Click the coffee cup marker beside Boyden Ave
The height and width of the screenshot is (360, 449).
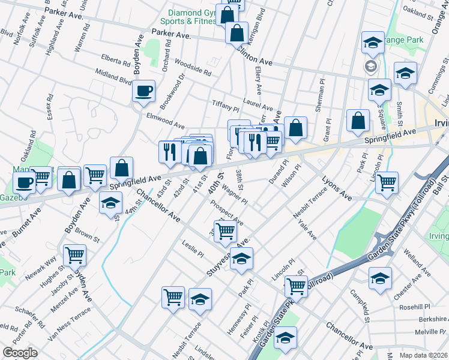pos(144,92)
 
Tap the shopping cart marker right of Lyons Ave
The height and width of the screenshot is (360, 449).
pos(387,182)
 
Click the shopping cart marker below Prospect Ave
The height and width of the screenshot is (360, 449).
pos(226,231)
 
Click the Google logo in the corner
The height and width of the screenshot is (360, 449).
pos(20,353)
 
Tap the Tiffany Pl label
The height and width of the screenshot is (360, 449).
pos(226,106)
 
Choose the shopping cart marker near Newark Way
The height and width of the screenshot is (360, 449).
pos(75,255)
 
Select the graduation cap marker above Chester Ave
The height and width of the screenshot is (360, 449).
pos(381,278)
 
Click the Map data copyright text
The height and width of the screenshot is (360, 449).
pos(424,355)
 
